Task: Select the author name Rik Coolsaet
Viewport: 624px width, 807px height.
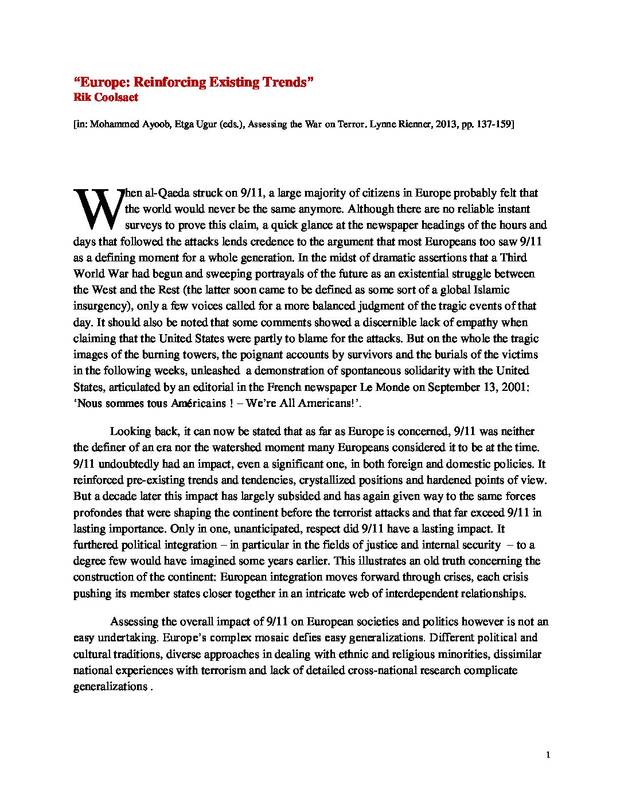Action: [x=106, y=97]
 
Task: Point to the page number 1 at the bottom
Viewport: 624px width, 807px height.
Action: [x=548, y=755]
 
